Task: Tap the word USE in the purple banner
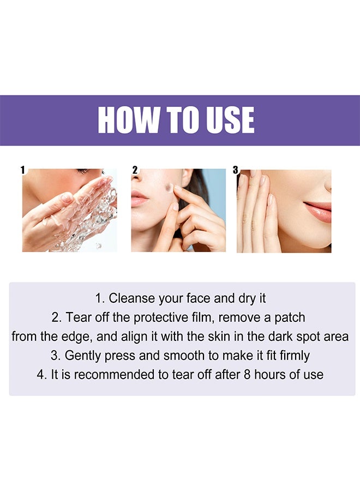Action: tap(227, 121)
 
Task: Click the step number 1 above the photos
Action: tap(23, 170)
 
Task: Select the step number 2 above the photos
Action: tap(135, 170)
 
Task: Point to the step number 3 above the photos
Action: tap(236, 170)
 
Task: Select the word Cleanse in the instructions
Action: tap(130, 298)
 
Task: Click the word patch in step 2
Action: tap(292, 318)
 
